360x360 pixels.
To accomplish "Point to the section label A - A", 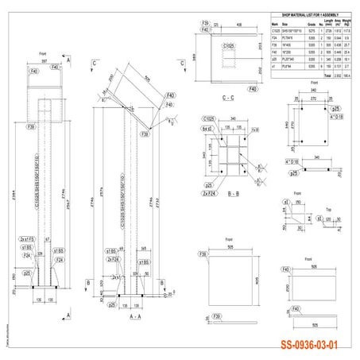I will [123, 315].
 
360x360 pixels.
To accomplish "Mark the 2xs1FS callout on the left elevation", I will [26, 238].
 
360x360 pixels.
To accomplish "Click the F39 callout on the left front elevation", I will [30, 126].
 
